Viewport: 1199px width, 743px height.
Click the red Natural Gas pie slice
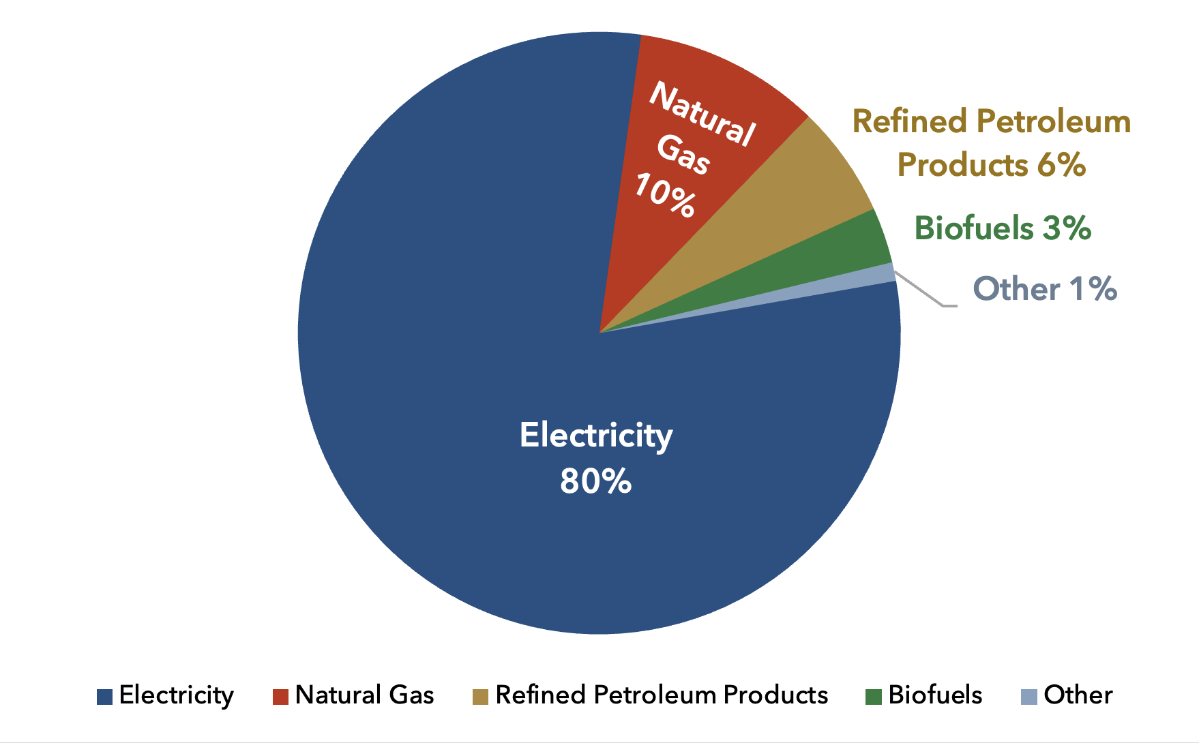[689, 157]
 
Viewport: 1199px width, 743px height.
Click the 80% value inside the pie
[595, 481]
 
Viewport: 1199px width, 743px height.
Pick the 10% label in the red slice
[665, 195]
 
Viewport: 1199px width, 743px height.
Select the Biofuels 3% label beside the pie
[1003, 228]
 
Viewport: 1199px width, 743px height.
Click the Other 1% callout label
[1045, 289]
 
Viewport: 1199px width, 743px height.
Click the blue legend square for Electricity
[104, 697]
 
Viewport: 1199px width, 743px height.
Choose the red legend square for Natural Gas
[280, 697]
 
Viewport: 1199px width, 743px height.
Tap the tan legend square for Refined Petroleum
[481, 697]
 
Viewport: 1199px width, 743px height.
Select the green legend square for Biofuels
[873, 697]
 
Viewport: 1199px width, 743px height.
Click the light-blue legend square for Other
[1028, 697]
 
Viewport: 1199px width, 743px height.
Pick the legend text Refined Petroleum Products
[662, 695]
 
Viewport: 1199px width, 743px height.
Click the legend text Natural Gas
[364, 695]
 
